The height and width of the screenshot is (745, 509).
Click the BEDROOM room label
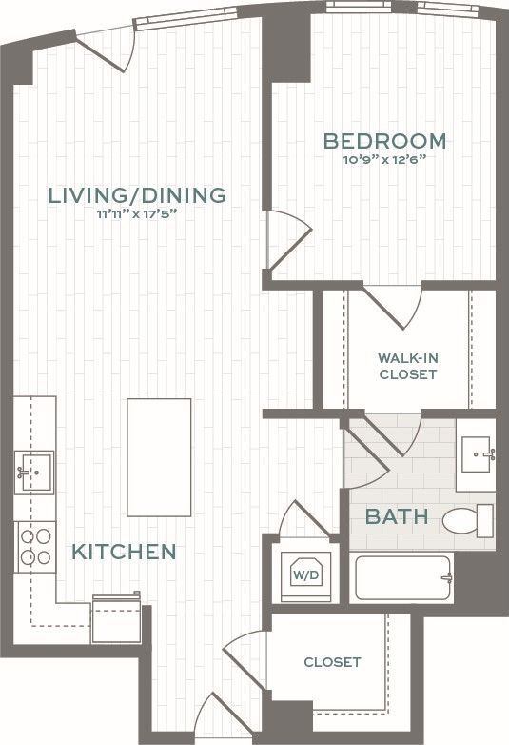384,142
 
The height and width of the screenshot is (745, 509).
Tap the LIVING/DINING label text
138,195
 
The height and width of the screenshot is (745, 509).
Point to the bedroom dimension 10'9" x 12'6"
384,160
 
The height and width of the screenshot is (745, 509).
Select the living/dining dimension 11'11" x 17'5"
138,214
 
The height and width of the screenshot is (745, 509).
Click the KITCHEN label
125,552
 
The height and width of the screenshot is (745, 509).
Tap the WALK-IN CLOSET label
407,366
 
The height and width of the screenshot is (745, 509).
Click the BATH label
397,518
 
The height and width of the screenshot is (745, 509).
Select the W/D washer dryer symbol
304,574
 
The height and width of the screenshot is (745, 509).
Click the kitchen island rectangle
160,457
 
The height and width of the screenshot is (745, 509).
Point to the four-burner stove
35,547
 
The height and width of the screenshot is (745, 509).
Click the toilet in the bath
468,520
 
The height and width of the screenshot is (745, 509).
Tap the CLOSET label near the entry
332,662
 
